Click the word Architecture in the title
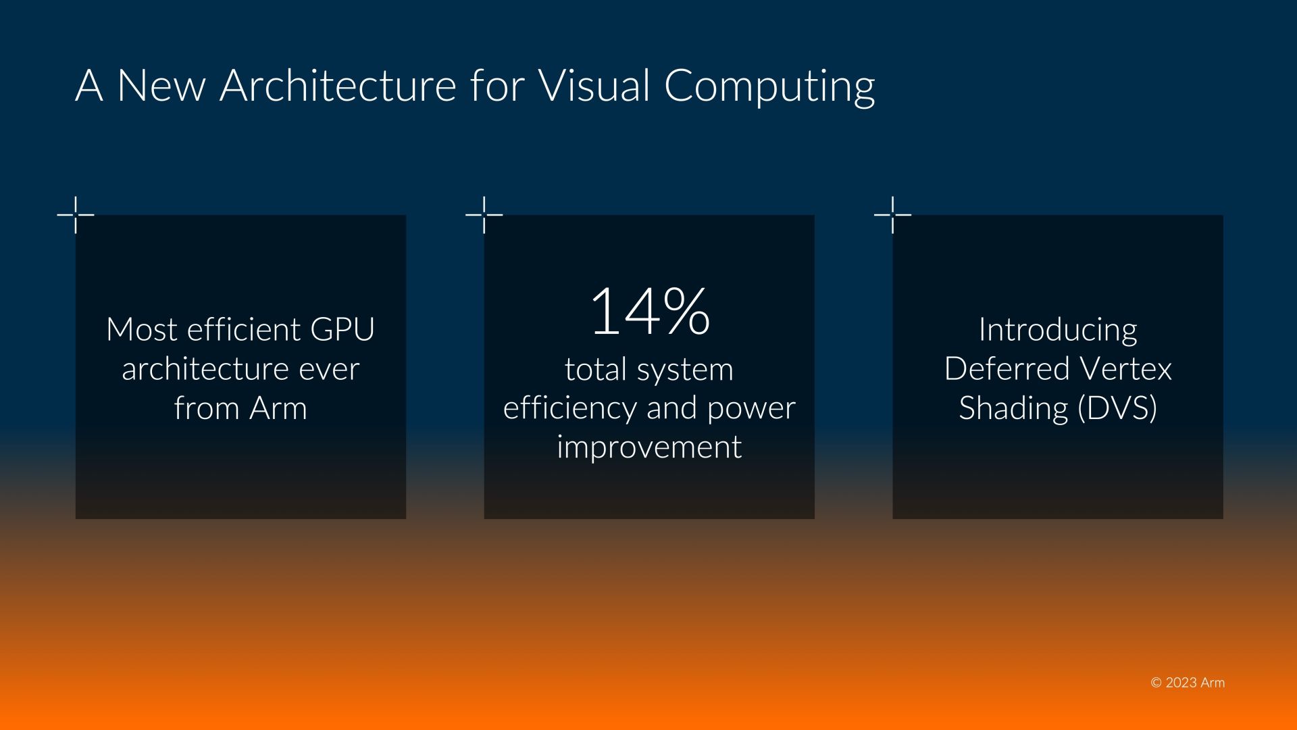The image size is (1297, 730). (x=338, y=85)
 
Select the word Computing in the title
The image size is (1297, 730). (x=769, y=88)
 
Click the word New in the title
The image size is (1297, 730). (x=161, y=85)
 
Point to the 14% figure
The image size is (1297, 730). (x=649, y=311)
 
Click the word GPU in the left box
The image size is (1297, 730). (x=342, y=330)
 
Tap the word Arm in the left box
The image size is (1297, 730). (x=278, y=408)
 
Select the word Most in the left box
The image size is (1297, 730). (x=142, y=330)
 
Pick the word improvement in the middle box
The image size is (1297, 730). (x=649, y=447)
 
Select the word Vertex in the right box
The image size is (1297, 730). (x=1125, y=369)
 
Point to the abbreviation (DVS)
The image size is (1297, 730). (x=1117, y=409)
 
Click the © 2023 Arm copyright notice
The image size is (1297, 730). (x=1188, y=683)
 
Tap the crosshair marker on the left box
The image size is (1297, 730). (x=76, y=215)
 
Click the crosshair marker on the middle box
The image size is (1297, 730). (x=484, y=215)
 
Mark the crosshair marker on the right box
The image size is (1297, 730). (x=892, y=215)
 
